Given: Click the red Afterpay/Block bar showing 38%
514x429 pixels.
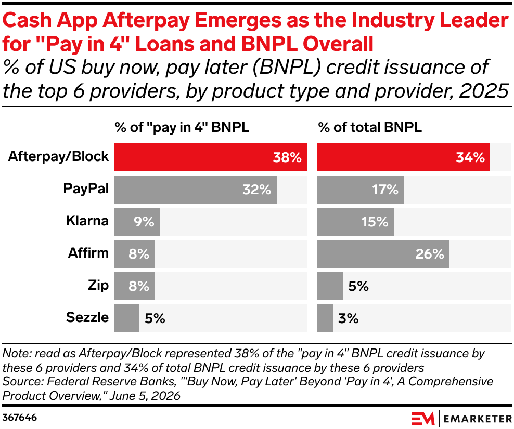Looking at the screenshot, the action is (x=211, y=157).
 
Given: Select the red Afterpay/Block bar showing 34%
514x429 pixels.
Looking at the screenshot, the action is (x=404, y=157).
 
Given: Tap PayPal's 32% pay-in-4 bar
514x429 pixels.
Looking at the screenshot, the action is (x=196, y=190).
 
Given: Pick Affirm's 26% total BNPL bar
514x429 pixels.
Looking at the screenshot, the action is (x=383, y=253).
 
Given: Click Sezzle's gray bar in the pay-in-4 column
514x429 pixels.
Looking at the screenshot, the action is (x=127, y=318).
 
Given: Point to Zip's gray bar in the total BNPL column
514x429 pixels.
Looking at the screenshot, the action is (x=330, y=286).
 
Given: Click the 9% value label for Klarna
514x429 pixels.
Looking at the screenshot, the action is (x=144, y=222).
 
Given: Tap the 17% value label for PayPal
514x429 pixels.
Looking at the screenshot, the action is (x=385, y=190).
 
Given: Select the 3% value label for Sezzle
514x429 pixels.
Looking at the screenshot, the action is (x=349, y=318).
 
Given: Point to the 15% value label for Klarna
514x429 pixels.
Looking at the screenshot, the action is (x=375, y=222).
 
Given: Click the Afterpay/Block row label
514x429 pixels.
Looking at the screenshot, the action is (x=58, y=157).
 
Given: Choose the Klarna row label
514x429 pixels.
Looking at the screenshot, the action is (x=87, y=221).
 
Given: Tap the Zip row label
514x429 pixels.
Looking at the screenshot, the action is (x=98, y=286).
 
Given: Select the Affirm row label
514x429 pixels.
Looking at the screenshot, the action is (x=88, y=253).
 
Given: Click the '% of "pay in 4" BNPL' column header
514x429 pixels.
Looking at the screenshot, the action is (x=182, y=128).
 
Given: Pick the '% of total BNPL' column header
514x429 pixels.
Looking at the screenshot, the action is (x=370, y=127).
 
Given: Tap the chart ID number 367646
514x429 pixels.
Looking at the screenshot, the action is (x=20, y=418).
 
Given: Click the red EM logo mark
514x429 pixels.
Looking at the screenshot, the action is (x=423, y=419).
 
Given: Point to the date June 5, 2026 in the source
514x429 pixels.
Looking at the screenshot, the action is (x=145, y=396).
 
